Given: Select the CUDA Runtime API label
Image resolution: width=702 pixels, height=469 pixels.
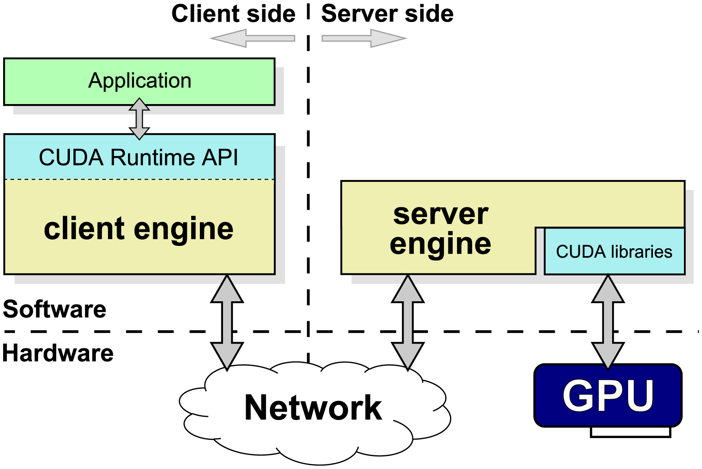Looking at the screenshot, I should [x=138, y=158].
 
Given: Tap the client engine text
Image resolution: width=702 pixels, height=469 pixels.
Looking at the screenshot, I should [x=139, y=229].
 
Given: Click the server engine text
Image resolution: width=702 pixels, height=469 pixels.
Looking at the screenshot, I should [x=441, y=229].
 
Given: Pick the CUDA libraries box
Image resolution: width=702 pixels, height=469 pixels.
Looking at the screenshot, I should [x=614, y=251].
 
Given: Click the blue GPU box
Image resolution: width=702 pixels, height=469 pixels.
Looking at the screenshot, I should [x=608, y=395].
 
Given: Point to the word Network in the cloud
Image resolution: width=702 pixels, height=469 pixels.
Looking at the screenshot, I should [x=313, y=408].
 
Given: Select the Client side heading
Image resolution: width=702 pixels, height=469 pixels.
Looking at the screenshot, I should [x=233, y=14].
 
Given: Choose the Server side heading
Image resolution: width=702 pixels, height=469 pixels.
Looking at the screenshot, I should [x=387, y=14].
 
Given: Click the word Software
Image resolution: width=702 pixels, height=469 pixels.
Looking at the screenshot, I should [x=55, y=309].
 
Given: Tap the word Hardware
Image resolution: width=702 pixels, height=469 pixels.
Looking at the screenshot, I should [x=58, y=353].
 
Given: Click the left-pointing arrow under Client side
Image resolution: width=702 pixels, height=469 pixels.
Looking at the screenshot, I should [x=252, y=38].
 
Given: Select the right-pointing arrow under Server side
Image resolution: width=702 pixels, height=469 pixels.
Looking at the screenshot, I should [x=364, y=38].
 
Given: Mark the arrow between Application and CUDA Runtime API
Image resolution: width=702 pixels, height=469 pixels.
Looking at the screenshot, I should [x=139, y=119].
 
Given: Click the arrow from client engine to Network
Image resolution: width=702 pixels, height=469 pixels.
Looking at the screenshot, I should [x=227, y=322].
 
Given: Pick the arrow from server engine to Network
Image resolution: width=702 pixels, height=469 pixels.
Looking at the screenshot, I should [x=408, y=322].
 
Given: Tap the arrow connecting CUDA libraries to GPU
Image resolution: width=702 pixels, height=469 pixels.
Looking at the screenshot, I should [x=608, y=322].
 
